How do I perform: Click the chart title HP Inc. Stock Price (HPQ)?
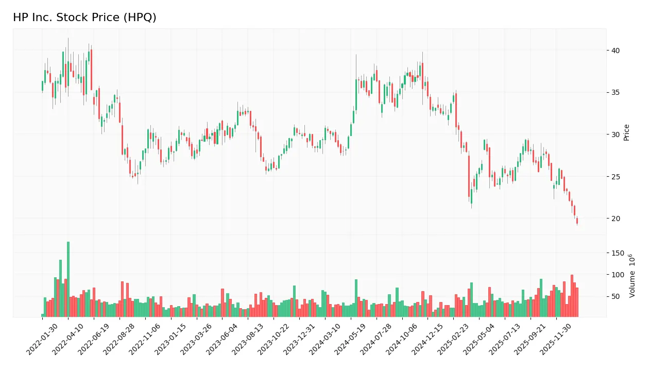click(84, 18)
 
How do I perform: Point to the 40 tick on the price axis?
click(615, 51)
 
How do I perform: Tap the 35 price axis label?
click(615, 93)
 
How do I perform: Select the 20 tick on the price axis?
click(615, 219)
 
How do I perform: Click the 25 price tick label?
click(615, 177)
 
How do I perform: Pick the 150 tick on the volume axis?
click(618, 254)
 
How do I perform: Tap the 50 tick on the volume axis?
click(616, 296)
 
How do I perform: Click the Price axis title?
click(626, 132)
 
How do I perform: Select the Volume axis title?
click(632, 276)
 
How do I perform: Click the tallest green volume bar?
click(68, 279)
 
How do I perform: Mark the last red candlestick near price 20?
click(577, 221)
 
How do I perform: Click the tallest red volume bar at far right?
click(572, 296)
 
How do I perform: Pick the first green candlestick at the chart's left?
click(42, 86)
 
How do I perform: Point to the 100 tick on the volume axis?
click(618, 275)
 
